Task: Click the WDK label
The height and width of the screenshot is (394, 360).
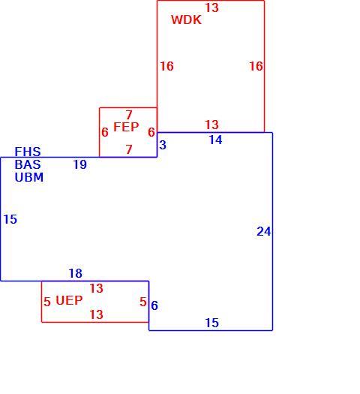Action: coord(186,20)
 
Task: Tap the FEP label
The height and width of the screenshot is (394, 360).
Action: coord(126,127)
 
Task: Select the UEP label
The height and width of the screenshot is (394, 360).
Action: coord(69,300)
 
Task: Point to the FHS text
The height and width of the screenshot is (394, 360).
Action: coord(28,152)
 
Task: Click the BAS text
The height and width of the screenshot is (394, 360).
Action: coord(28,164)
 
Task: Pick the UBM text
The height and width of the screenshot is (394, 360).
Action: coord(29,177)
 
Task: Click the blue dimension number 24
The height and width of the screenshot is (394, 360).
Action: coord(264,231)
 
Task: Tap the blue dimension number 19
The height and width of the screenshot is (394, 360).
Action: coord(79,164)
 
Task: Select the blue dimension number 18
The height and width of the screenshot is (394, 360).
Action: coord(75,273)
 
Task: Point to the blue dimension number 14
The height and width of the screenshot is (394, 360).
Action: coord(216,140)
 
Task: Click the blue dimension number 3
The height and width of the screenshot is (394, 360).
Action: coord(163,145)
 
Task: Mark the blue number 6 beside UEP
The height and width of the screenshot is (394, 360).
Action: coord(154,305)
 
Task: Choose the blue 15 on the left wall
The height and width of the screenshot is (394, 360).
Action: coord(10,219)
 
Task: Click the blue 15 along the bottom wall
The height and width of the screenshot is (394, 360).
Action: coord(212,323)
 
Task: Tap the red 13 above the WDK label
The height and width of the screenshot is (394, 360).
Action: coord(212,8)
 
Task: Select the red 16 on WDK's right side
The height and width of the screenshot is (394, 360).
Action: coord(256,66)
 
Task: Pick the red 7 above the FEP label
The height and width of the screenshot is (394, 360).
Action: coord(129,115)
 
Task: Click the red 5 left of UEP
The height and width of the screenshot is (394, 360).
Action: coord(47,302)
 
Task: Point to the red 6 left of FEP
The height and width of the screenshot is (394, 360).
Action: coord(105,132)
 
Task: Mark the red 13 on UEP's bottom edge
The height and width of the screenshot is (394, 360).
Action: coord(97,314)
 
